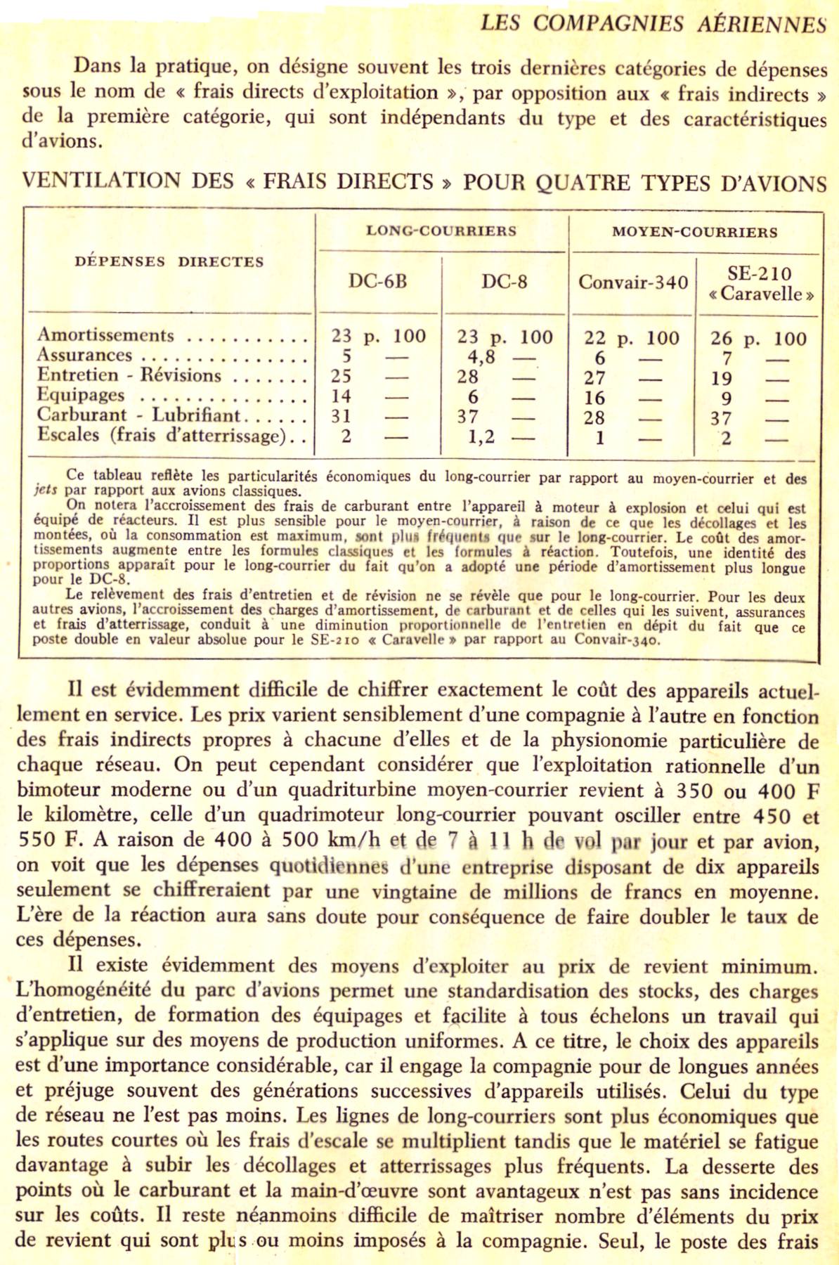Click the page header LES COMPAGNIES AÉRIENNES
point(653,23)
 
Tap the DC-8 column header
point(504,282)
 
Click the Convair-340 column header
point(632,283)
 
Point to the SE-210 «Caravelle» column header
point(761,283)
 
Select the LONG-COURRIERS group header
point(441,231)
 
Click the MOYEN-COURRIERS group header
point(694,232)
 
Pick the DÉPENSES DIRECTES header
point(169,261)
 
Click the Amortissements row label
point(105,335)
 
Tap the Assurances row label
point(84,355)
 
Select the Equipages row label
point(81,395)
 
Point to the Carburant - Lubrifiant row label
point(138,415)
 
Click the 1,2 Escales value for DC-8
point(481,437)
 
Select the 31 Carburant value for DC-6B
point(342,416)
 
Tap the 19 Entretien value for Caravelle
point(722,378)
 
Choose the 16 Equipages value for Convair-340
point(594,397)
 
